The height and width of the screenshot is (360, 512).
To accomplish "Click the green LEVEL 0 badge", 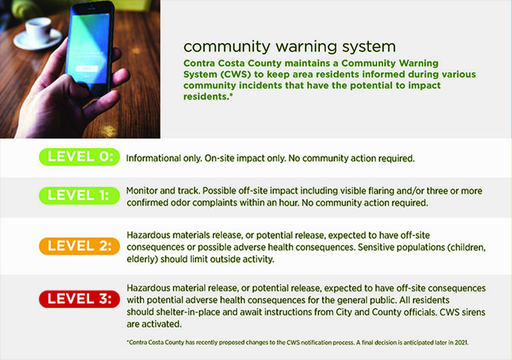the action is point(79,157).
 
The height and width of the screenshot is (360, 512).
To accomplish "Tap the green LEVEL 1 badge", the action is point(79,196).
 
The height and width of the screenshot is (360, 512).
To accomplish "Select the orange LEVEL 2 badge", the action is point(79,246).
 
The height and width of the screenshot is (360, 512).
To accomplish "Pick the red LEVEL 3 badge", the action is point(79,299).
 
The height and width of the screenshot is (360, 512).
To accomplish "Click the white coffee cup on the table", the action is point(38,29).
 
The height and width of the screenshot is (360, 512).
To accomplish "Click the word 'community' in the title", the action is point(227,47).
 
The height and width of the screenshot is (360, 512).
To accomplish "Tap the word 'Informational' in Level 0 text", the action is point(153,158).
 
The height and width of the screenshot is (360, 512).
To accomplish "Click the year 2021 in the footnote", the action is point(461,343).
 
